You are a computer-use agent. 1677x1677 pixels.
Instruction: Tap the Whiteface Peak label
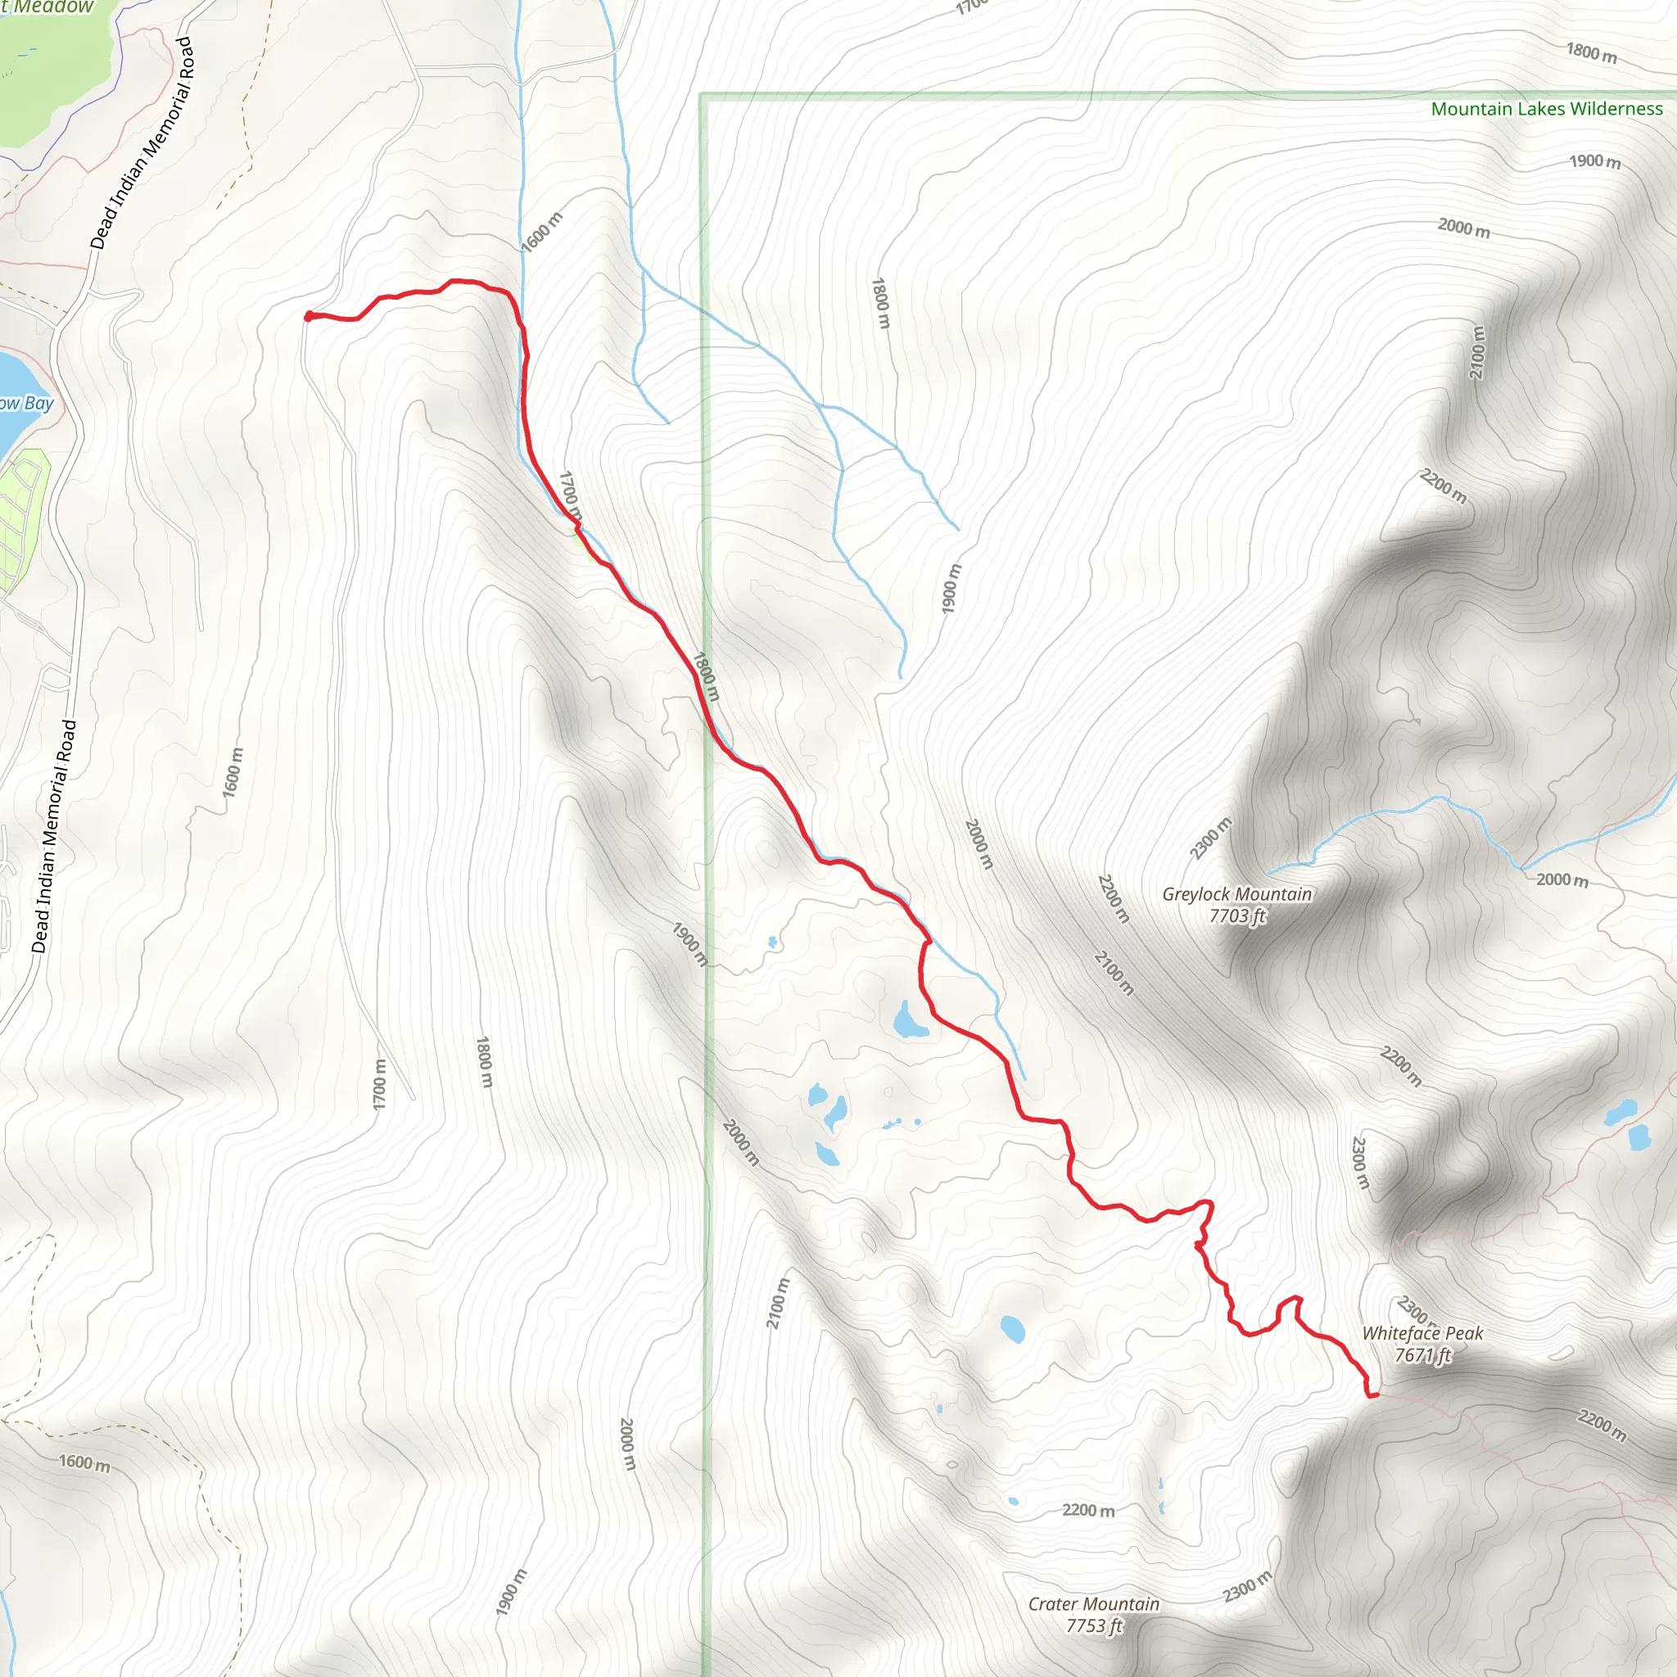point(1422,1333)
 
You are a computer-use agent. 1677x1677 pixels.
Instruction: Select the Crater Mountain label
point(1094,1604)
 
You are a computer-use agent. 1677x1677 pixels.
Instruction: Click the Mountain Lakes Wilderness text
point(1546,110)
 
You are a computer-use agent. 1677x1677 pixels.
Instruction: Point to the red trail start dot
point(309,316)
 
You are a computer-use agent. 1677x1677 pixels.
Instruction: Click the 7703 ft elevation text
point(1238,915)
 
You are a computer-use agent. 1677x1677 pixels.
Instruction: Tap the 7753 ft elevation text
point(1094,1625)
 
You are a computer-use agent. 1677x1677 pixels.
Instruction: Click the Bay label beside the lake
point(38,403)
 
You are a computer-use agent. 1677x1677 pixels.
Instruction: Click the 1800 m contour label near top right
point(1591,53)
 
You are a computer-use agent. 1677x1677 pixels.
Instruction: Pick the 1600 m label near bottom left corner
point(84,1462)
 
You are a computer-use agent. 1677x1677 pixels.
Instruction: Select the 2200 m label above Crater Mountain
point(1088,1510)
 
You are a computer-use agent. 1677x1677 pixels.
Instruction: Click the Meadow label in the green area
point(54,7)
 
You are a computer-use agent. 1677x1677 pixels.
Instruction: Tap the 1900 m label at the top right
point(1594,161)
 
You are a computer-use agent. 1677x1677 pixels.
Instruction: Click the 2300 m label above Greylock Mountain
point(1210,838)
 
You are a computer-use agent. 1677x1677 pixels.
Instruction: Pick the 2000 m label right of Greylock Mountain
point(1562,880)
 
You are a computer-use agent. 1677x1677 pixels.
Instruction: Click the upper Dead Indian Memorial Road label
point(142,143)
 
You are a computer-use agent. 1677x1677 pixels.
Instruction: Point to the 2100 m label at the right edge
point(1477,351)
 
